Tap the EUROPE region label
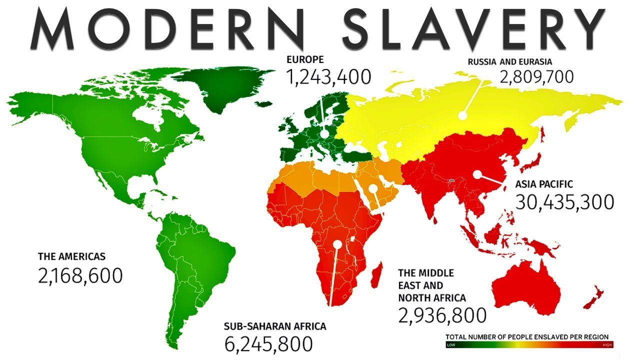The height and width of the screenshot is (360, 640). (305, 60)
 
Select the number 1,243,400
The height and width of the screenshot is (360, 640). (328, 77)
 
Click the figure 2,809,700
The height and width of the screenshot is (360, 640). (536, 77)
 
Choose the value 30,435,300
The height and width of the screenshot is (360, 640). (564, 202)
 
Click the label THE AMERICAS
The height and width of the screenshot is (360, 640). (71, 256)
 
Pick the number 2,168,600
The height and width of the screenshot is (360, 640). (80, 275)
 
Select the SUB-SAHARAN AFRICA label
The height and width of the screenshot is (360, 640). (275, 326)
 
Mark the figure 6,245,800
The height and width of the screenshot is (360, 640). (268, 344)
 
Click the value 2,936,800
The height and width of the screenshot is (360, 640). (442, 315)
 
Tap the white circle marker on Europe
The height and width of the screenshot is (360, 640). (325, 134)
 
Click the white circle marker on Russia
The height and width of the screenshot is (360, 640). (462, 115)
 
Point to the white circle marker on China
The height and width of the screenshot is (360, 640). (477, 174)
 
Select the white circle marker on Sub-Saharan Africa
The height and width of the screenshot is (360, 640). (337, 244)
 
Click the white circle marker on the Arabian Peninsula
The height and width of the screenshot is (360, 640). (373, 188)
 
